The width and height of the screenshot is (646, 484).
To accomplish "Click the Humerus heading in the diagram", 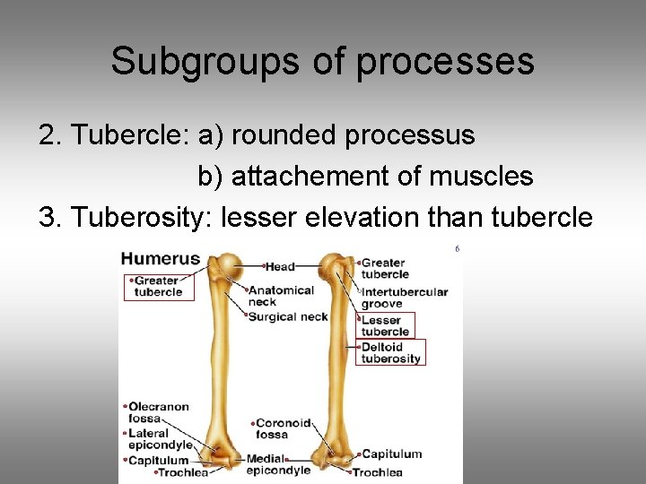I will click(x=161, y=259).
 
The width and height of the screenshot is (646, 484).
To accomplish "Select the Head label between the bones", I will click(x=280, y=266).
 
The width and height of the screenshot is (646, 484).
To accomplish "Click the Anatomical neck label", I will click(x=281, y=296).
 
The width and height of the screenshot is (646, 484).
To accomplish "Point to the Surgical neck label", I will click(x=288, y=316).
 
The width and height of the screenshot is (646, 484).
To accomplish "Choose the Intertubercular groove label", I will click(x=404, y=298).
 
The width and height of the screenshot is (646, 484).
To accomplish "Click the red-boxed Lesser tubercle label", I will click(x=385, y=325).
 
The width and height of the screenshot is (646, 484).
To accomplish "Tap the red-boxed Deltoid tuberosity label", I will click(x=390, y=352).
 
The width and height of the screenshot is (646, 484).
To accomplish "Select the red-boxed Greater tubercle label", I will click(x=159, y=286).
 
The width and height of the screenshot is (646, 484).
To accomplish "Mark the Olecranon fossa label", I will click(x=158, y=412).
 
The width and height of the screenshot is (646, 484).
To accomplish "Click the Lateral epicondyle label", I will click(x=161, y=439).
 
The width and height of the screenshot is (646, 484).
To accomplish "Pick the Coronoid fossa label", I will click(x=283, y=428).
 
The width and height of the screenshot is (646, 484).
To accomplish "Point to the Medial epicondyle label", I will click(x=278, y=464).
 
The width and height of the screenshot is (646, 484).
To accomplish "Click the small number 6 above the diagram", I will click(x=457, y=249).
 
